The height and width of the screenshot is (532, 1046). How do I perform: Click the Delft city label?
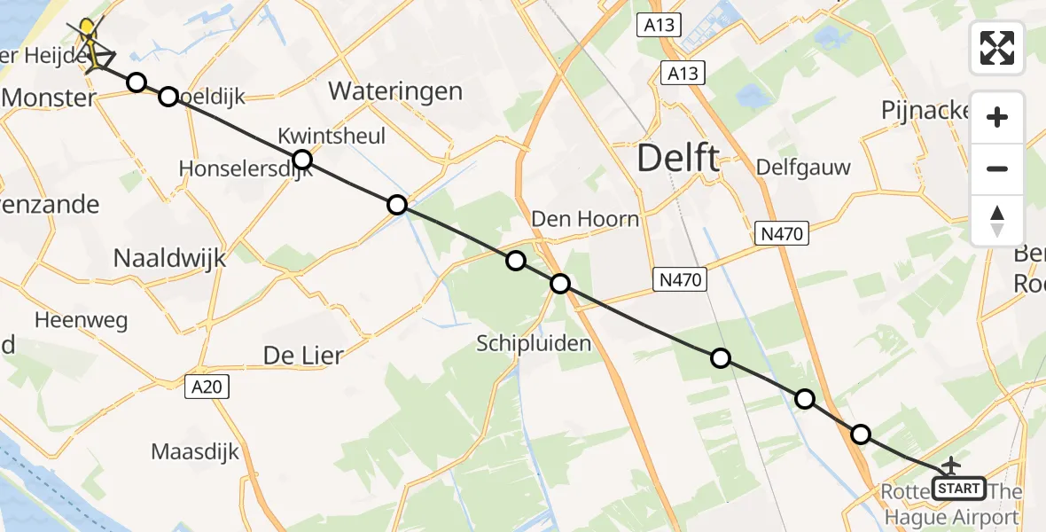678,159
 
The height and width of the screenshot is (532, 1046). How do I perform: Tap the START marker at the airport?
959,489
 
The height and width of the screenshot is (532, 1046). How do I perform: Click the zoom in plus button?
997,117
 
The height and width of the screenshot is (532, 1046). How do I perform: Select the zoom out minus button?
997,168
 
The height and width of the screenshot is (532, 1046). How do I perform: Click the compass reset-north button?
997,221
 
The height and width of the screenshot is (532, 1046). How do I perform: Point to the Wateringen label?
395,90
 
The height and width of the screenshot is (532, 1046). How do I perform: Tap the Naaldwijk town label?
170,258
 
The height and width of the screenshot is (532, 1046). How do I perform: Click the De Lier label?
303,355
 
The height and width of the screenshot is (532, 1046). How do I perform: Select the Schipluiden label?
534,343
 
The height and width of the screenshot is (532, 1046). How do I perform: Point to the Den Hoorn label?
585,218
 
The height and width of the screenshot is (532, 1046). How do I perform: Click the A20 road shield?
208,386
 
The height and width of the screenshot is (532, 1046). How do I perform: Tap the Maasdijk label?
195,451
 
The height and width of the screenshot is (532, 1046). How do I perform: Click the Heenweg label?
82,320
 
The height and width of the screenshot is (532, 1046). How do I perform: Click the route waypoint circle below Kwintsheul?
302,160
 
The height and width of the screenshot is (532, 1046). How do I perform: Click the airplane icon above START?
951,465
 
